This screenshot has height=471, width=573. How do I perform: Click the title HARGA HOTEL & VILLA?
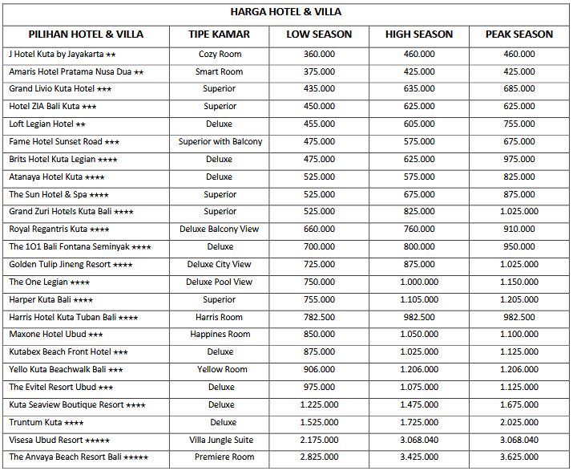coord(285,12)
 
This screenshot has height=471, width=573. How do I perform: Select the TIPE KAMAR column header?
coord(219,35)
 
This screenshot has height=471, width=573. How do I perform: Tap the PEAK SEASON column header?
coord(519,35)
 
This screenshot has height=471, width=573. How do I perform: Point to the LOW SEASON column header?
coord(319,35)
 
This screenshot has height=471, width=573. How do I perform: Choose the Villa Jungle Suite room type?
coord(219,440)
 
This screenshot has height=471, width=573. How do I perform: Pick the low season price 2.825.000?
coord(319,457)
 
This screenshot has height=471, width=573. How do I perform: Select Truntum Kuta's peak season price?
coord(519,422)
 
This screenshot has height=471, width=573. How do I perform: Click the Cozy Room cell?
coord(219,54)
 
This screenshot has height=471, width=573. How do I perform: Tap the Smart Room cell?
coord(219,71)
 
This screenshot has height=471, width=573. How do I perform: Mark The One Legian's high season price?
coord(418,282)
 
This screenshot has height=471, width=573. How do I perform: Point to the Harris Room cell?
coord(219,317)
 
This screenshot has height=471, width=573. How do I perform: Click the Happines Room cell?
coord(219,335)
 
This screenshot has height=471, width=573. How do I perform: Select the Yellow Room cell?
coord(219,370)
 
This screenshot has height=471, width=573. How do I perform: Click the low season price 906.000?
coord(319,370)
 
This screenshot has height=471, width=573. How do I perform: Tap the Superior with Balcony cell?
coord(219,142)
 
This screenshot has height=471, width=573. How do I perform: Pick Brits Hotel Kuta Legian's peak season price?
coord(519,160)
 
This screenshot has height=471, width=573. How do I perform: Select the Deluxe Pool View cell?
coord(219,282)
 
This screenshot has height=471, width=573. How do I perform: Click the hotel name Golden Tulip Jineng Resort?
coord(71,264)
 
